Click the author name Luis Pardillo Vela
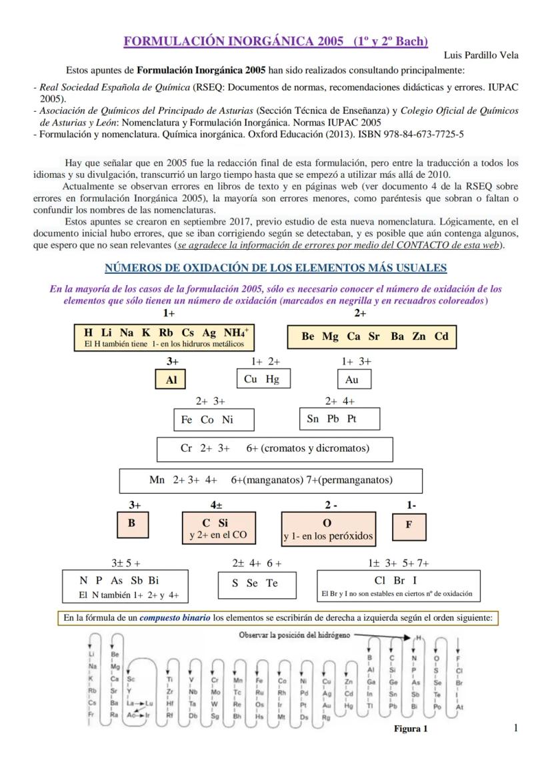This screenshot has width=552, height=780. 481,55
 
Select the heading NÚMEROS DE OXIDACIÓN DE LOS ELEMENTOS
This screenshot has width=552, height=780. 276,268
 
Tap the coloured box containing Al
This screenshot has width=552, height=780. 171,380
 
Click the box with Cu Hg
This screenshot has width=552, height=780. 262,379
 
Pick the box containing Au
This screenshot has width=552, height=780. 353,379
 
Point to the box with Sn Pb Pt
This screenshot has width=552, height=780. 339,419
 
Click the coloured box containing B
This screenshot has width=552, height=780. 131,524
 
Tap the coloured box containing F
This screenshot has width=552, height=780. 409,524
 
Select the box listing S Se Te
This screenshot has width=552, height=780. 255,584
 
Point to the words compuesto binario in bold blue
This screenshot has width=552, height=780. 175,617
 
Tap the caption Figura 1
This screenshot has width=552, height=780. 411,729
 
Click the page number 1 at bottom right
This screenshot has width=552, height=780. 515,727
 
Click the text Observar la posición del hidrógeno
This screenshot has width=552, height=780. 294,635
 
